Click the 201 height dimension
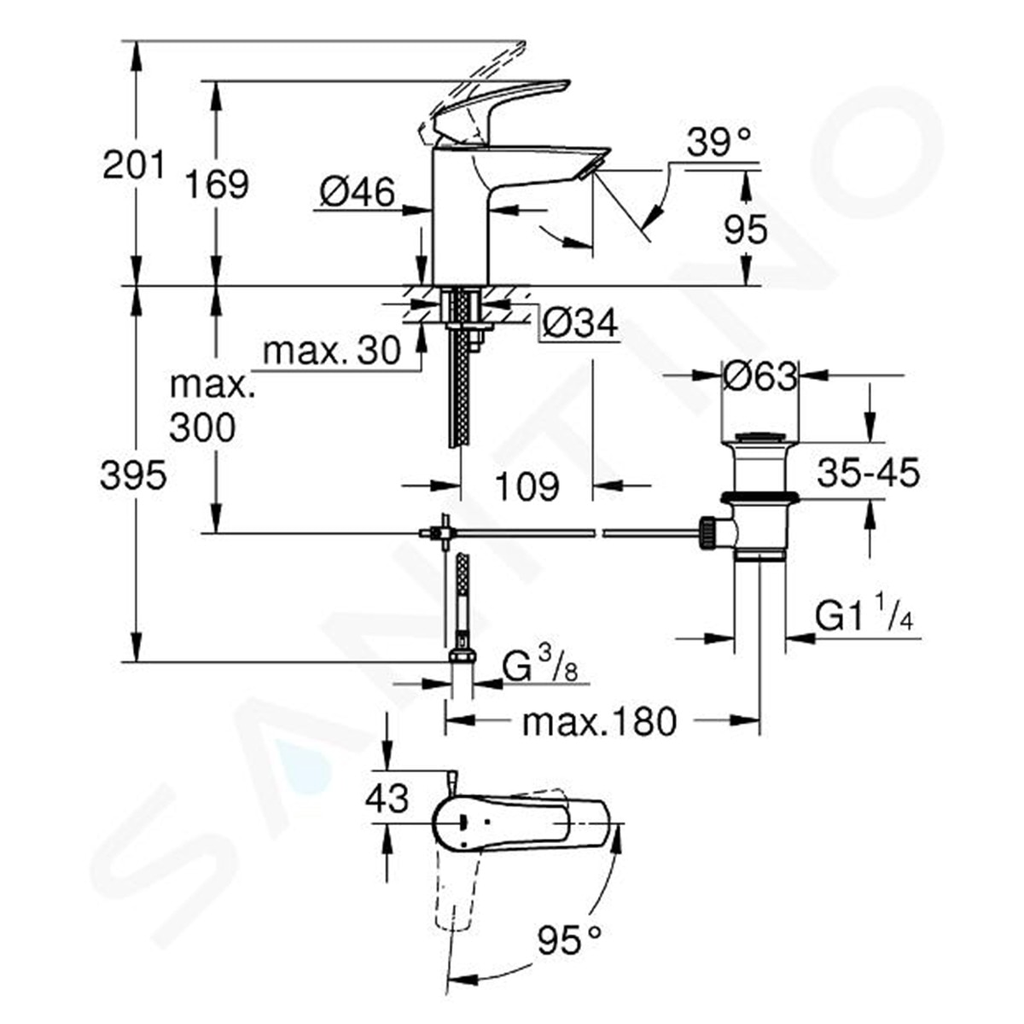point(133,164)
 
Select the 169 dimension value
point(218,184)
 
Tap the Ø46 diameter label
point(358,194)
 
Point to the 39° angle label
point(719,143)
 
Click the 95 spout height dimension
point(745,230)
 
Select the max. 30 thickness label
point(332,351)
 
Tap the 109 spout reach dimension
point(527,486)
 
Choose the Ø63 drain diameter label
point(759,375)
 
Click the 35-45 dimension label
point(868,473)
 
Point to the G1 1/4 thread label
point(864,616)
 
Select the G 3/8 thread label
point(539,665)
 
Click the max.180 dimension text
point(599,723)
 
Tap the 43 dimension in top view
point(387,800)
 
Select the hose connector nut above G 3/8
point(462,655)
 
